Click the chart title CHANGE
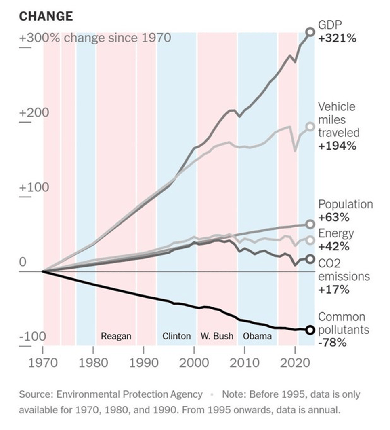click(x=46, y=16)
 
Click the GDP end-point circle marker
click(x=310, y=32)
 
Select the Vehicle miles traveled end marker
click(x=310, y=127)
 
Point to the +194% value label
click(x=337, y=146)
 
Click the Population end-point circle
click(x=310, y=224)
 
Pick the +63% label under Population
click(x=334, y=218)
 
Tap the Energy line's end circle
click(x=310, y=240)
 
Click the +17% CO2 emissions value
click(x=333, y=290)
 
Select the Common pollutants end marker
click(x=310, y=330)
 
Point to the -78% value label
click(x=332, y=343)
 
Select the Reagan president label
click(x=116, y=336)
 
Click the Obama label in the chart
click(x=257, y=336)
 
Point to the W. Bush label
click(x=217, y=336)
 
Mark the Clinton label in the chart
click(x=176, y=336)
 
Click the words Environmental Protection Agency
click(x=130, y=394)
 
